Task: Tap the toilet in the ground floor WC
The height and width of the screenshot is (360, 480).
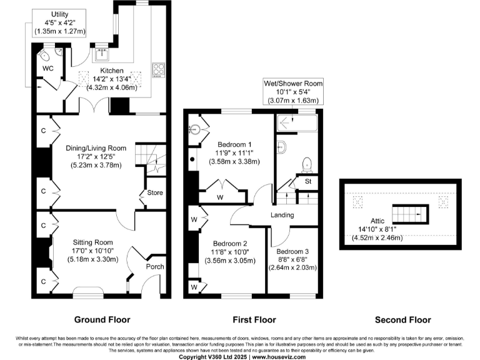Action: coord(48,52)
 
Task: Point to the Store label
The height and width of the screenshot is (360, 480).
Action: coord(155,192)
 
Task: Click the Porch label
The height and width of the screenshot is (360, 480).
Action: coord(155,267)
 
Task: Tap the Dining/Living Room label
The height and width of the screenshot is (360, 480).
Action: coord(96,148)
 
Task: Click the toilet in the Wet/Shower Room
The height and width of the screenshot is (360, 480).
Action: coord(306,164)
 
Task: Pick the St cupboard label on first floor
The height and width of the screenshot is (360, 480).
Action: coord(308,182)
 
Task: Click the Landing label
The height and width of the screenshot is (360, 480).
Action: coord(282,216)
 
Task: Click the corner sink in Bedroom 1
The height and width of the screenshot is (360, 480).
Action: coord(194,131)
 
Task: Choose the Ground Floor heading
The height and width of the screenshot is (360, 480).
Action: coord(102,319)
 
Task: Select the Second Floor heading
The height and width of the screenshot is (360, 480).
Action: coord(402,319)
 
